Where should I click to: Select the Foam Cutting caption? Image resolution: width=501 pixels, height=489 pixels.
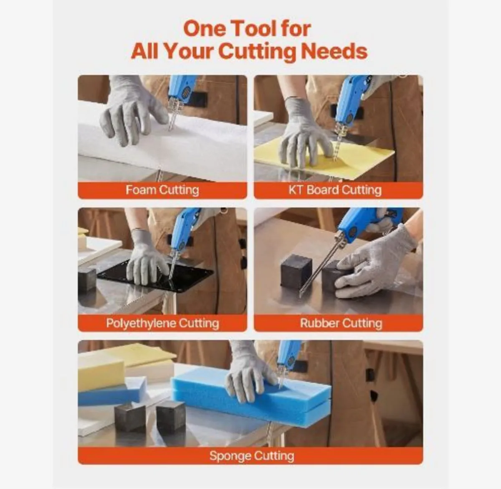tap(162, 190)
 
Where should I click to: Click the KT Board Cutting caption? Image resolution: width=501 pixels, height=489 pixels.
tap(335, 190)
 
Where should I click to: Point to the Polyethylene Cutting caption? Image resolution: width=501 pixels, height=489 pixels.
tap(162, 323)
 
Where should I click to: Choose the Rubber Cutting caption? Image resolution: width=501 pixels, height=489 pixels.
tap(341, 323)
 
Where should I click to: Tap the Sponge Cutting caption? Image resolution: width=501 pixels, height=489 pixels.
tap(252, 456)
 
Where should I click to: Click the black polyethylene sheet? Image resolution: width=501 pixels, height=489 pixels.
tap(156, 278)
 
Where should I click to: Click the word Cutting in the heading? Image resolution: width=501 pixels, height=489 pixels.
tap(257, 51)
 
